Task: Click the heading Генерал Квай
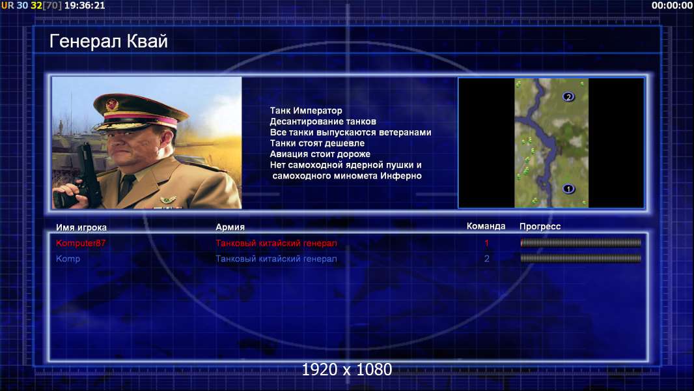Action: pos(109,41)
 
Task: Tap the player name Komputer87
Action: pos(81,243)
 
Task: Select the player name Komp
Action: pos(68,259)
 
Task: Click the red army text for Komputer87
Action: pos(276,243)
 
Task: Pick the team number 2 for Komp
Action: pos(487,259)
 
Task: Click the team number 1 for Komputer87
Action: pos(487,242)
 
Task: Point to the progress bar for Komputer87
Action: pos(581,242)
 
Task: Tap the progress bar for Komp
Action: pos(581,258)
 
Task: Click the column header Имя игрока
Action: pos(81,227)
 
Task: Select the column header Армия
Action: pos(230,227)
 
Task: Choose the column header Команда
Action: pos(486,226)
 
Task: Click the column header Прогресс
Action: pos(540,227)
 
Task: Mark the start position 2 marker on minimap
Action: pos(569,96)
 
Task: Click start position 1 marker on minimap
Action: pos(569,189)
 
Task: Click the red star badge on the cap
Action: pos(112,105)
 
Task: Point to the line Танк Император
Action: pos(306,111)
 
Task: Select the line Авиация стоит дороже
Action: pos(320,154)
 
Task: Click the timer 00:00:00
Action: pos(672,6)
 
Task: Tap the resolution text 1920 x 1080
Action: pos(347,369)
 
